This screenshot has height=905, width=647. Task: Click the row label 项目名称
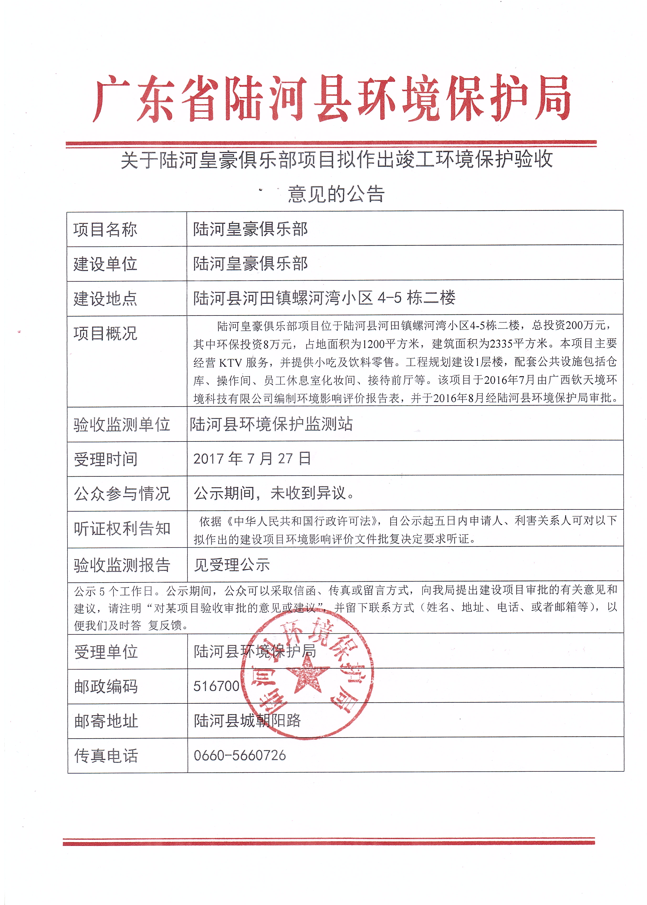tap(105, 230)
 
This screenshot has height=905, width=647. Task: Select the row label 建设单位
tap(105, 264)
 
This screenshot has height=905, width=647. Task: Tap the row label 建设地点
tap(105, 299)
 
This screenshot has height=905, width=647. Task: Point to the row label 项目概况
tap(105, 333)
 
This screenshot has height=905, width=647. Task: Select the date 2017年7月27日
tap(252, 459)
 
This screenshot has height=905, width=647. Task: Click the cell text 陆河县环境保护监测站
tap(271, 424)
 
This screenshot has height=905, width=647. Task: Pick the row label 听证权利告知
tap(122, 529)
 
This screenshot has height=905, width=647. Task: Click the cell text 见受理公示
tap(232, 565)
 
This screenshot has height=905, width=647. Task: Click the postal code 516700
tap(216, 686)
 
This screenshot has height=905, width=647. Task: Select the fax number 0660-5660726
tap(239, 755)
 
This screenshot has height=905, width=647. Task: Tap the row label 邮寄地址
tap(106, 721)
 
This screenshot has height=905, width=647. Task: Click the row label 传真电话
tap(106, 756)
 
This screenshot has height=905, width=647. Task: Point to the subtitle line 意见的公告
tap(336, 194)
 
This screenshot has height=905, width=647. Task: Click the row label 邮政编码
tap(106, 686)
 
